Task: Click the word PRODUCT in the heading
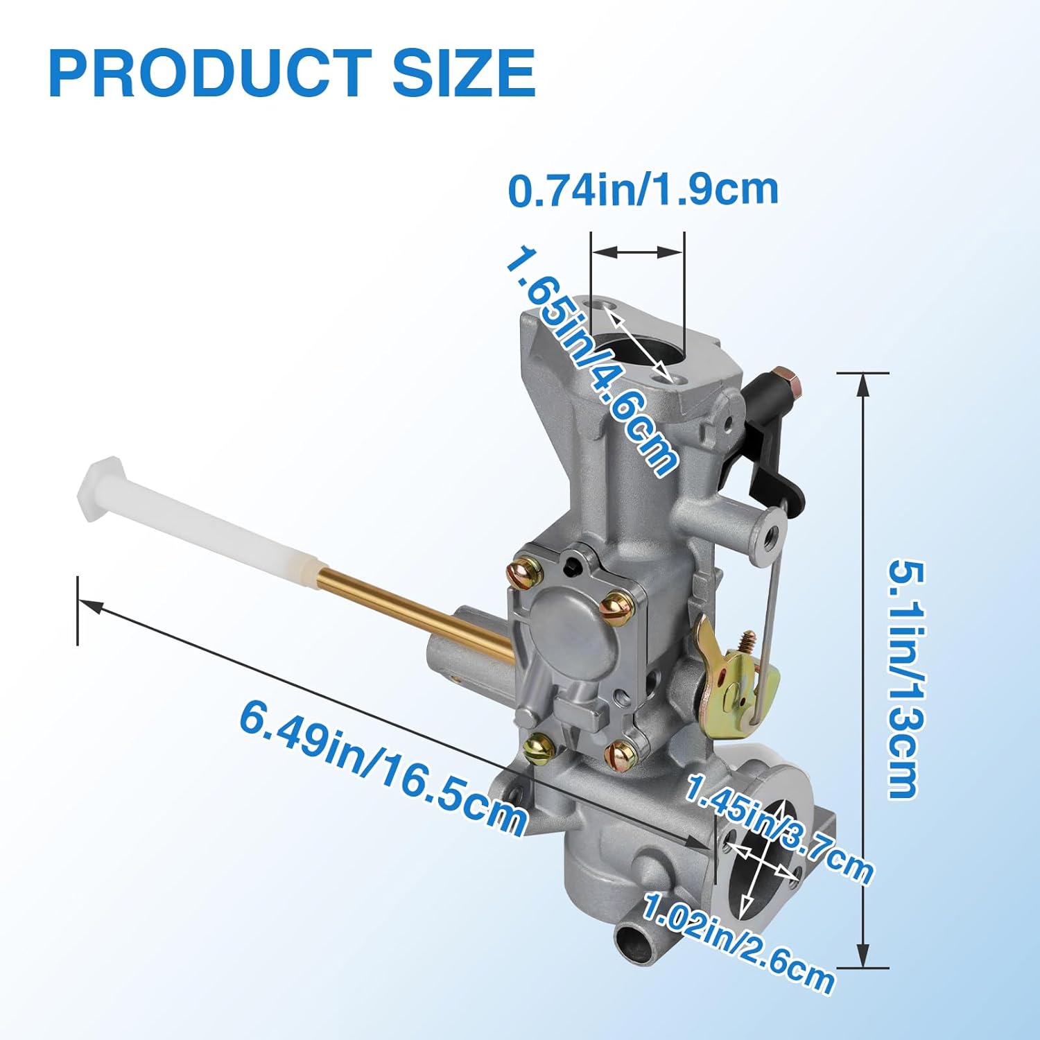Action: pyautogui.click(x=206, y=73)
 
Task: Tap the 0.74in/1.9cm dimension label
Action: pyautogui.click(x=643, y=189)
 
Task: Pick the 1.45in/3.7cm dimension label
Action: pyautogui.click(x=779, y=829)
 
